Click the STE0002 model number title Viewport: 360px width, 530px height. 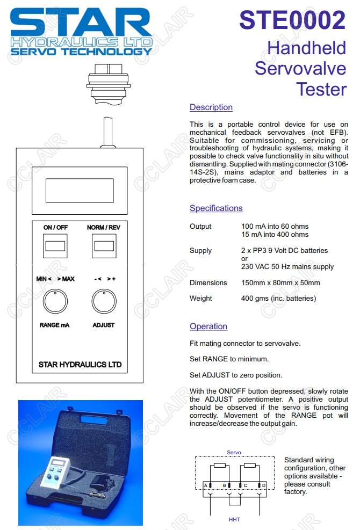(292, 21)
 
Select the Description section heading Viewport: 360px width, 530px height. (211, 107)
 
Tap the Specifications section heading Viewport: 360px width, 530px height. (216, 208)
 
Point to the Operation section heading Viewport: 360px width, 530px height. (208, 326)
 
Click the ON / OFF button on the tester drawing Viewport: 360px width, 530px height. (55, 246)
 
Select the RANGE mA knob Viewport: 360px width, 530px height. (55, 302)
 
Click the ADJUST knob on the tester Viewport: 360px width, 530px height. (104, 302)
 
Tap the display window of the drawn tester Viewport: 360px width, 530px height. (80, 189)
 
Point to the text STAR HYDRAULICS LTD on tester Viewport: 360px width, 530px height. (80, 365)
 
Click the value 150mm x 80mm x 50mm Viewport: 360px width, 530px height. (280, 283)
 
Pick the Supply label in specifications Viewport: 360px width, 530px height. (200, 251)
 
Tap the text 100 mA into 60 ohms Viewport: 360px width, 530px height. (275, 227)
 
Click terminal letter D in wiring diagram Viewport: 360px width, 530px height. (264, 485)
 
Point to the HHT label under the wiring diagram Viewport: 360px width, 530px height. (234, 520)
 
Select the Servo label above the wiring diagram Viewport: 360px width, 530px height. (234, 453)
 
